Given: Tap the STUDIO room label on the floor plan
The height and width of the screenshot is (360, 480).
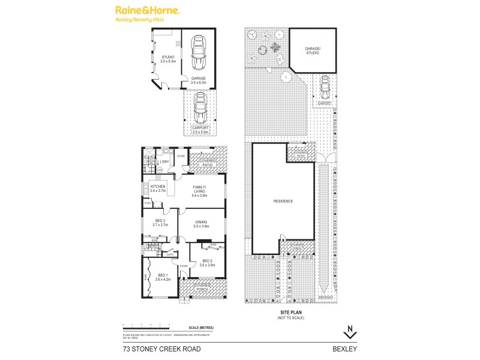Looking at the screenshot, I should click(167, 59).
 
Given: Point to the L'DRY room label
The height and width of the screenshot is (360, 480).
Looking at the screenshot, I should click(164, 162).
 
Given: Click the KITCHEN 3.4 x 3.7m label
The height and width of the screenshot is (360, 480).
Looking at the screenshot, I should click(158, 188).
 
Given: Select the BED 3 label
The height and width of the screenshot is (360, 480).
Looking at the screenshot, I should click(160, 223).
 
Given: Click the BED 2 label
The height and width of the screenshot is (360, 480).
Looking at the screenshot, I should click(207, 262).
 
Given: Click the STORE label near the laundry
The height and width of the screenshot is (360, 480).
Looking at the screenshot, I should click(180, 156).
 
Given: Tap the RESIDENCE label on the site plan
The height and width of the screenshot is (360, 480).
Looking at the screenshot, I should click(283, 201).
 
